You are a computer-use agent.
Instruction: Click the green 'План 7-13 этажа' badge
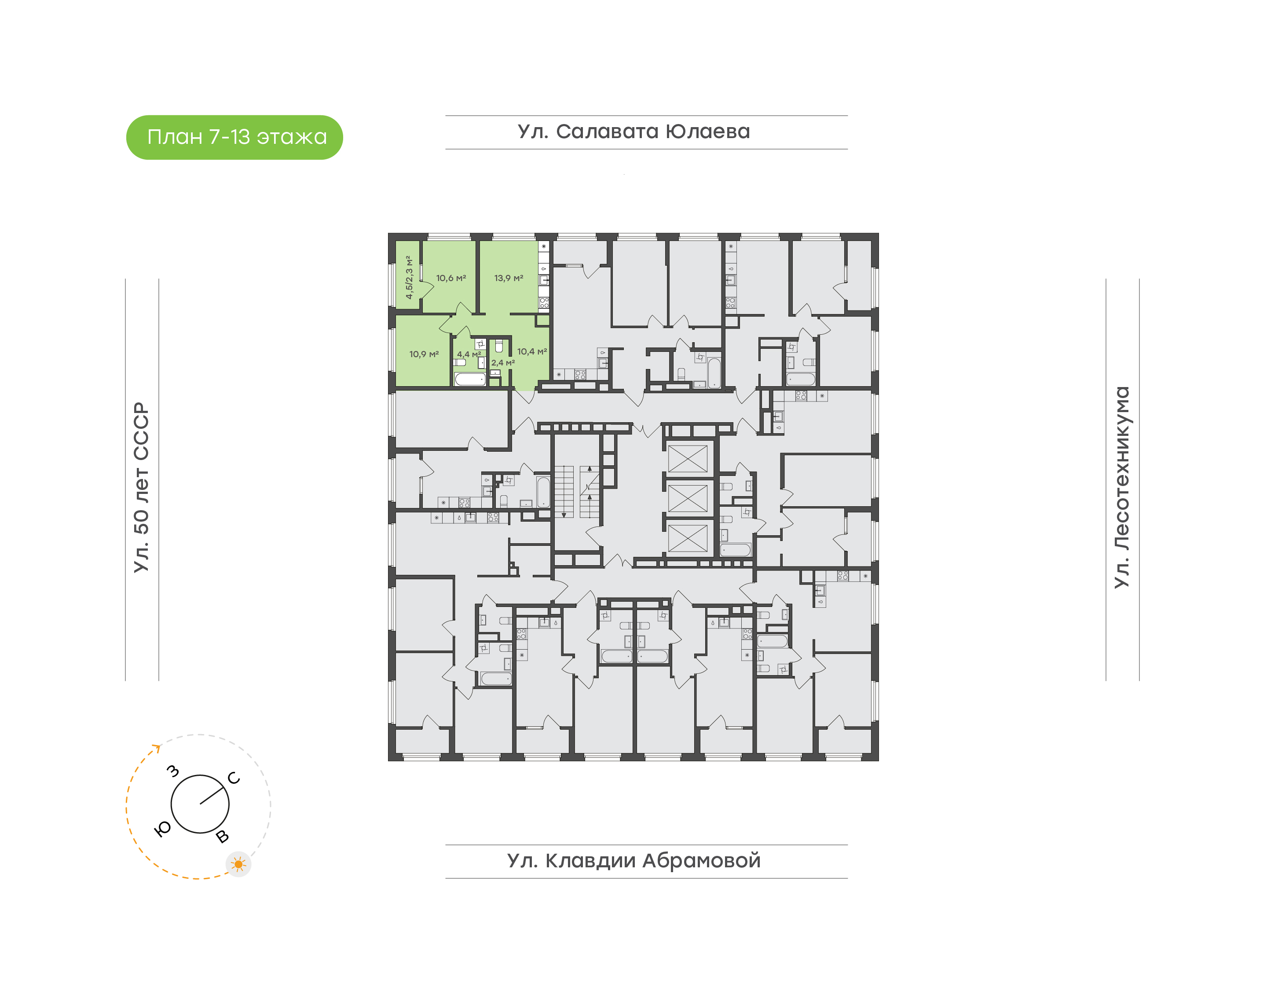(x=234, y=137)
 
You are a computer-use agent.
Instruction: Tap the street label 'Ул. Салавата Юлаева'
(x=634, y=132)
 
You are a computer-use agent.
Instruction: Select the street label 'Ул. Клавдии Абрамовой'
(x=634, y=861)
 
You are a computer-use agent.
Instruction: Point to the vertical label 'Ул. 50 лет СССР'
(x=141, y=487)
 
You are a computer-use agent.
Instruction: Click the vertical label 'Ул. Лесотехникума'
(x=1121, y=487)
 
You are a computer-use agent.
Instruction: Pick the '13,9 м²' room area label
(x=509, y=278)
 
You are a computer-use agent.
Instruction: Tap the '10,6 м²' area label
(x=451, y=278)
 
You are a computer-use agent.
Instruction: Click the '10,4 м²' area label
(x=532, y=351)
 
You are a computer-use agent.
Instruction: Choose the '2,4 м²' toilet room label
(x=503, y=362)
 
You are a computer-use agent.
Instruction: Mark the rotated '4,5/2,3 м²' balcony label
(x=409, y=278)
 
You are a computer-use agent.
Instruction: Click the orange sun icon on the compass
(x=238, y=864)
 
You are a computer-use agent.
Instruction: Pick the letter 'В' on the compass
(x=222, y=837)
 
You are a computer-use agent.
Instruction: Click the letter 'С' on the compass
(x=234, y=778)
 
